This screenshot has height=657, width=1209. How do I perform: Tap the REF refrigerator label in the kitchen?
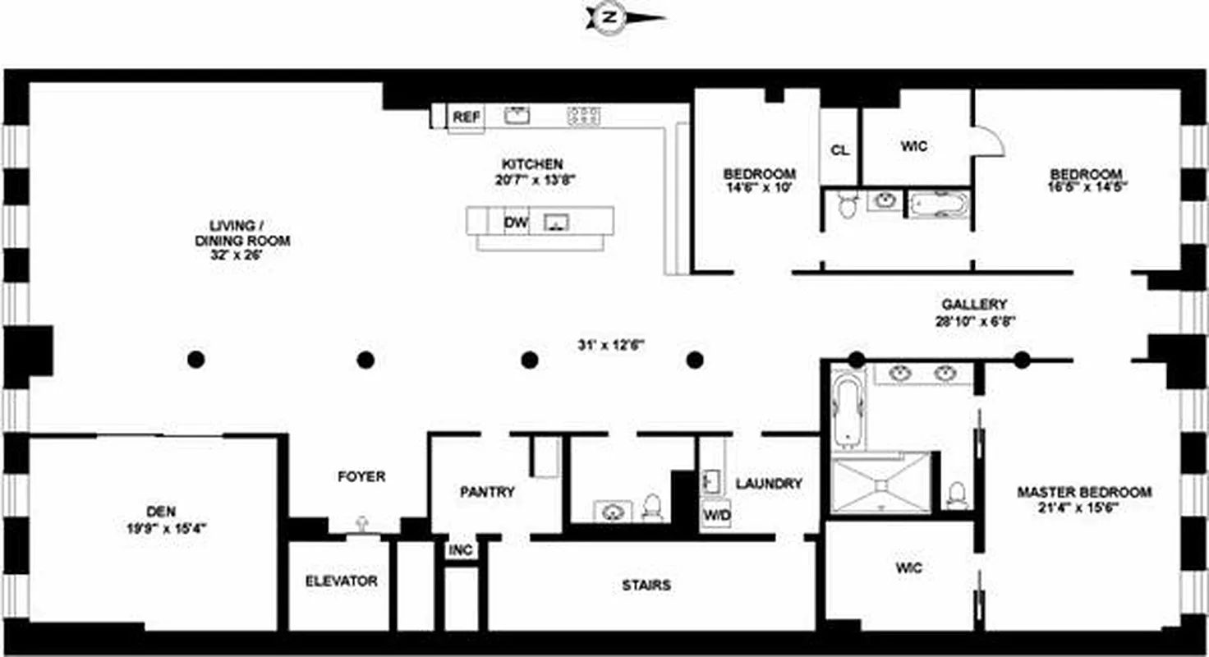(x=466, y=117)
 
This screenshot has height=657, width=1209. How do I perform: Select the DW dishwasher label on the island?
(x=516, y=222)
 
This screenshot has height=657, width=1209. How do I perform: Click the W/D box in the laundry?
(x=716, y=515)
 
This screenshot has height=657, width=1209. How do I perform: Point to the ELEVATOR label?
(x=341, y=581)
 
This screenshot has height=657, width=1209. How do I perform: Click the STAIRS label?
(x=646, y=586)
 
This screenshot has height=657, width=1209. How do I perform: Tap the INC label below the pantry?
(x=461, y=550)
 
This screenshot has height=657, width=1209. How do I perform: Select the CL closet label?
(x=839, y=150)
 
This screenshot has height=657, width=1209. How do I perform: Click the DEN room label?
(x=162, y=511)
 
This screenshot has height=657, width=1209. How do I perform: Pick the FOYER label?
(x=361, y=476)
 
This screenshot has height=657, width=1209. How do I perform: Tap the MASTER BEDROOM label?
(x=1084, y=493)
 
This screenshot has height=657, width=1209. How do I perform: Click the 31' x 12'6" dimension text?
(x=610, y=345)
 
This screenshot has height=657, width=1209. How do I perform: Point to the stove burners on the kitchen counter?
(x=584, y=117)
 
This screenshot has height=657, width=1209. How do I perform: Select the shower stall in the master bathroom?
(x=880, y=485)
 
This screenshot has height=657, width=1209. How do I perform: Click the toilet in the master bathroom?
(x=955, y=494)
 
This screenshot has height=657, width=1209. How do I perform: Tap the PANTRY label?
(x=487, y=493)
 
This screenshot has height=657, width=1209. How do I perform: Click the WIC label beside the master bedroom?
(x=909, y=567)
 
